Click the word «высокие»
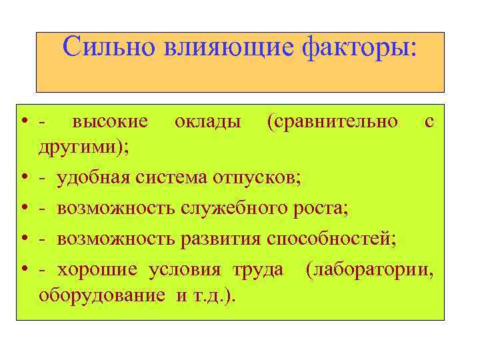click(110, 122)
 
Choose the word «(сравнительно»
click(332, 122)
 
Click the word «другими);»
click(84, 148)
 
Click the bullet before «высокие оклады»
click(23, 122)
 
